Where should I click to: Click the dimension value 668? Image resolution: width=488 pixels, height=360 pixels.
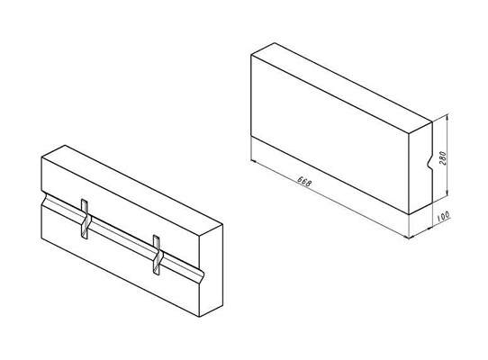304,181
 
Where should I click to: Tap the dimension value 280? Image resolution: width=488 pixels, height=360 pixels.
442,158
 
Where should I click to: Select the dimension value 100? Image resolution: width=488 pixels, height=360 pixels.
443,216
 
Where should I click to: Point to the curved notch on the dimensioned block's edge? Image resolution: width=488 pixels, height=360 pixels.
429,162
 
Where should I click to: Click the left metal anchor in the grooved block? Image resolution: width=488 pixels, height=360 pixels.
85,219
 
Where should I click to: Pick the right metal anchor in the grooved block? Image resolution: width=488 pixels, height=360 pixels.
157,255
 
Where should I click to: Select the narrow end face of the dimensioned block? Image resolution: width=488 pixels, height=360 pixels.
420,167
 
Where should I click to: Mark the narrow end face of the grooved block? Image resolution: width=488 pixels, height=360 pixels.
211,270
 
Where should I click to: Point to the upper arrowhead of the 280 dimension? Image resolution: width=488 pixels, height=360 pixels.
447,117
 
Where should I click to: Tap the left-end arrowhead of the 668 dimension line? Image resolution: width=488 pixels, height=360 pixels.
254,161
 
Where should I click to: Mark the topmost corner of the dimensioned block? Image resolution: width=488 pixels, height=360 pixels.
275,43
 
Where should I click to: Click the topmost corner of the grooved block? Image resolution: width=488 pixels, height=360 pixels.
65,145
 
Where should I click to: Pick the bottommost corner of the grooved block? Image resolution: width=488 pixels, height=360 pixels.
200,317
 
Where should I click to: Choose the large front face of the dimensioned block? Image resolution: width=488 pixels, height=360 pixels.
330,134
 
